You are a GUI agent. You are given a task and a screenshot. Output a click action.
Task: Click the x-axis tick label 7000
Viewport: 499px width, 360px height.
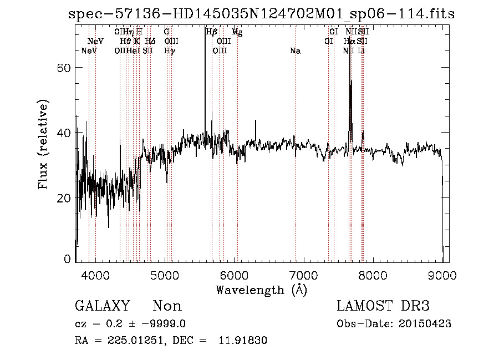(303, 275)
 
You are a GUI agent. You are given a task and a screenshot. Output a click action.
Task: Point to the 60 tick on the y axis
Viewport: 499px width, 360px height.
(65, 68)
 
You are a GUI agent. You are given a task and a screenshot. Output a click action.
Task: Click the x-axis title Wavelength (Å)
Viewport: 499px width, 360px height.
(261, 290)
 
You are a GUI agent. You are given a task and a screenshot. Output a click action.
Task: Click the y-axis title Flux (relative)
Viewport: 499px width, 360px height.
(43, 144)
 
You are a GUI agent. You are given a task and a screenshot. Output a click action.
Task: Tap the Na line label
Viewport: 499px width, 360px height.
(295, 51)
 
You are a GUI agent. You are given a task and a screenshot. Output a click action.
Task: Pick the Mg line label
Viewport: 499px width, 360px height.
(237, 32)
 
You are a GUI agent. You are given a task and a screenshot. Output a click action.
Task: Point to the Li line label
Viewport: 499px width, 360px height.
(361, 51)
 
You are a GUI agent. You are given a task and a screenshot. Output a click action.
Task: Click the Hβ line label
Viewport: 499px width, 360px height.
(211, 32)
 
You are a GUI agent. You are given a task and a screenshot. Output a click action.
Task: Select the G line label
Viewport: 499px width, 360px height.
(166, 32)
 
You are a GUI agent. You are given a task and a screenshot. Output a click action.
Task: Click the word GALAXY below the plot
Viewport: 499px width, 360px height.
(102, 306)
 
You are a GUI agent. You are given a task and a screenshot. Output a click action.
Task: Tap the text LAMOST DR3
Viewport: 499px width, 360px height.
(383, 306)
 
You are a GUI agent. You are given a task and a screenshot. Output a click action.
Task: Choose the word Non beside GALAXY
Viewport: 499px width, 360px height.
(167, 306)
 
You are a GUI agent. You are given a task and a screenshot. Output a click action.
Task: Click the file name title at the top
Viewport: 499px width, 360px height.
(261, 14)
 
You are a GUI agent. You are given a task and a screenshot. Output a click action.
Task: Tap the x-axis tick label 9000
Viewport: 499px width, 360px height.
(442, 275)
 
